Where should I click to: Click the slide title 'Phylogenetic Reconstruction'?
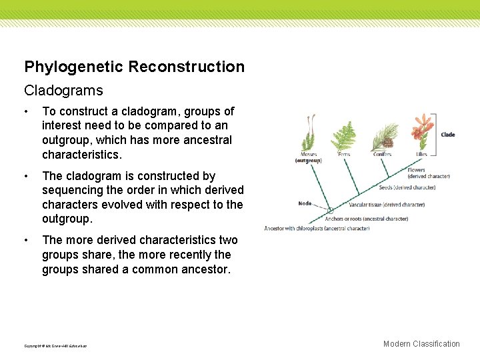click(x=134, y=67)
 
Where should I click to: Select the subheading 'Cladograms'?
click(x=63, y=89)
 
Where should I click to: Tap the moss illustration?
click(x=308, y=134)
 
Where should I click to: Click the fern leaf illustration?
click(x=344, y=136)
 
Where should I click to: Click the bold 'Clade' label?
click(x=448, y=135)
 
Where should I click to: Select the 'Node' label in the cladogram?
click(x=305, y=203)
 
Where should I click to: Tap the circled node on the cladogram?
click(x=329, y=211)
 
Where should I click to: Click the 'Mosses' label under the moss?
click(x=308, y=154)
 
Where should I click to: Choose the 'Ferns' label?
click(x=344, y=154)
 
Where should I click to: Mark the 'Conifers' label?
click(x=382, y=154)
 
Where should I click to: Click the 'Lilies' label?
click(x=421, y=154)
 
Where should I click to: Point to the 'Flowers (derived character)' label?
click(x=429, y=173)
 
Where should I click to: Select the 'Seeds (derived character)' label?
click(x=407, y=188)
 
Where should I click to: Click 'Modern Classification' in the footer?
click(x=421, y=344)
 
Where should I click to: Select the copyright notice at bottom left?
click(x=55, y=346)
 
